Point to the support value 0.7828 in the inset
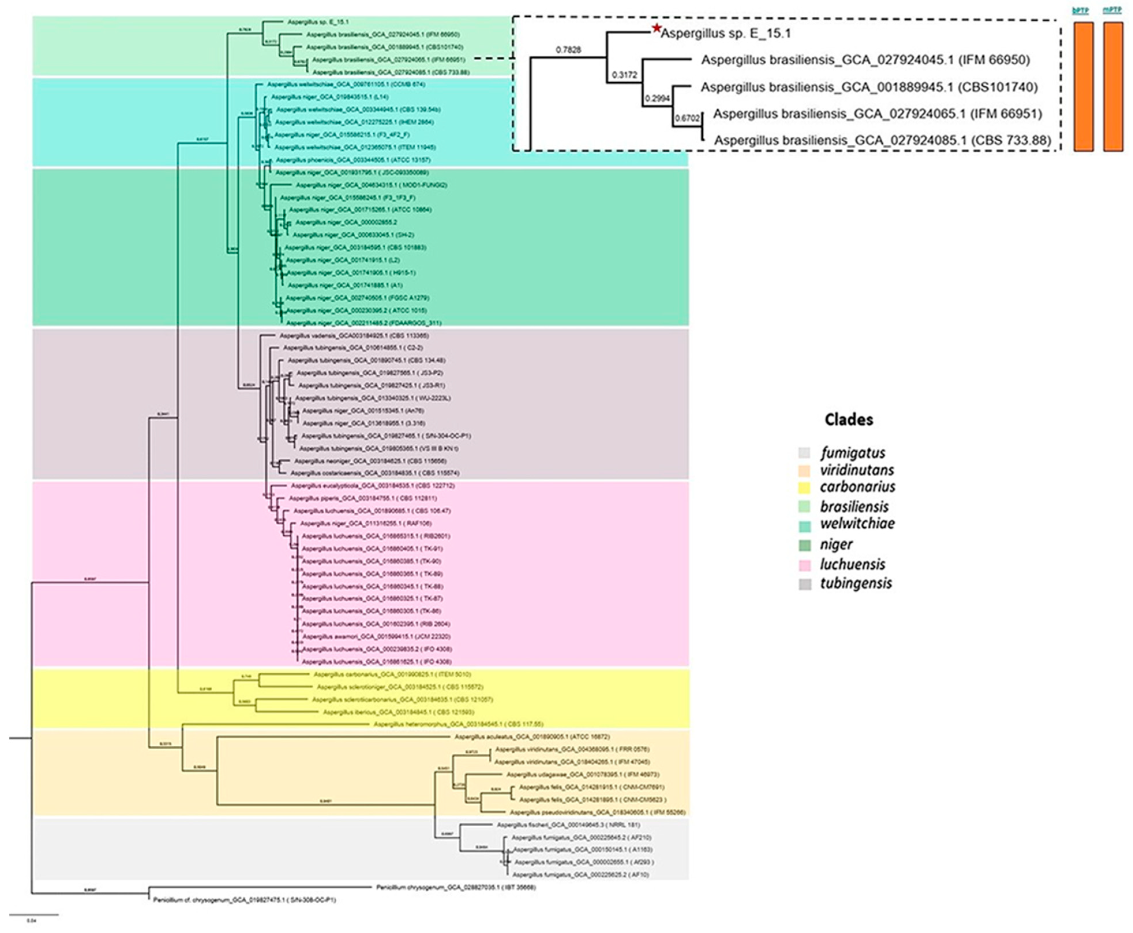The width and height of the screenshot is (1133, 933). tap(569, 50)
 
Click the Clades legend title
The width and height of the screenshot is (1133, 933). tap(849, 420)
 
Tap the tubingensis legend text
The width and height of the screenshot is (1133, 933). tap(856, 583)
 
